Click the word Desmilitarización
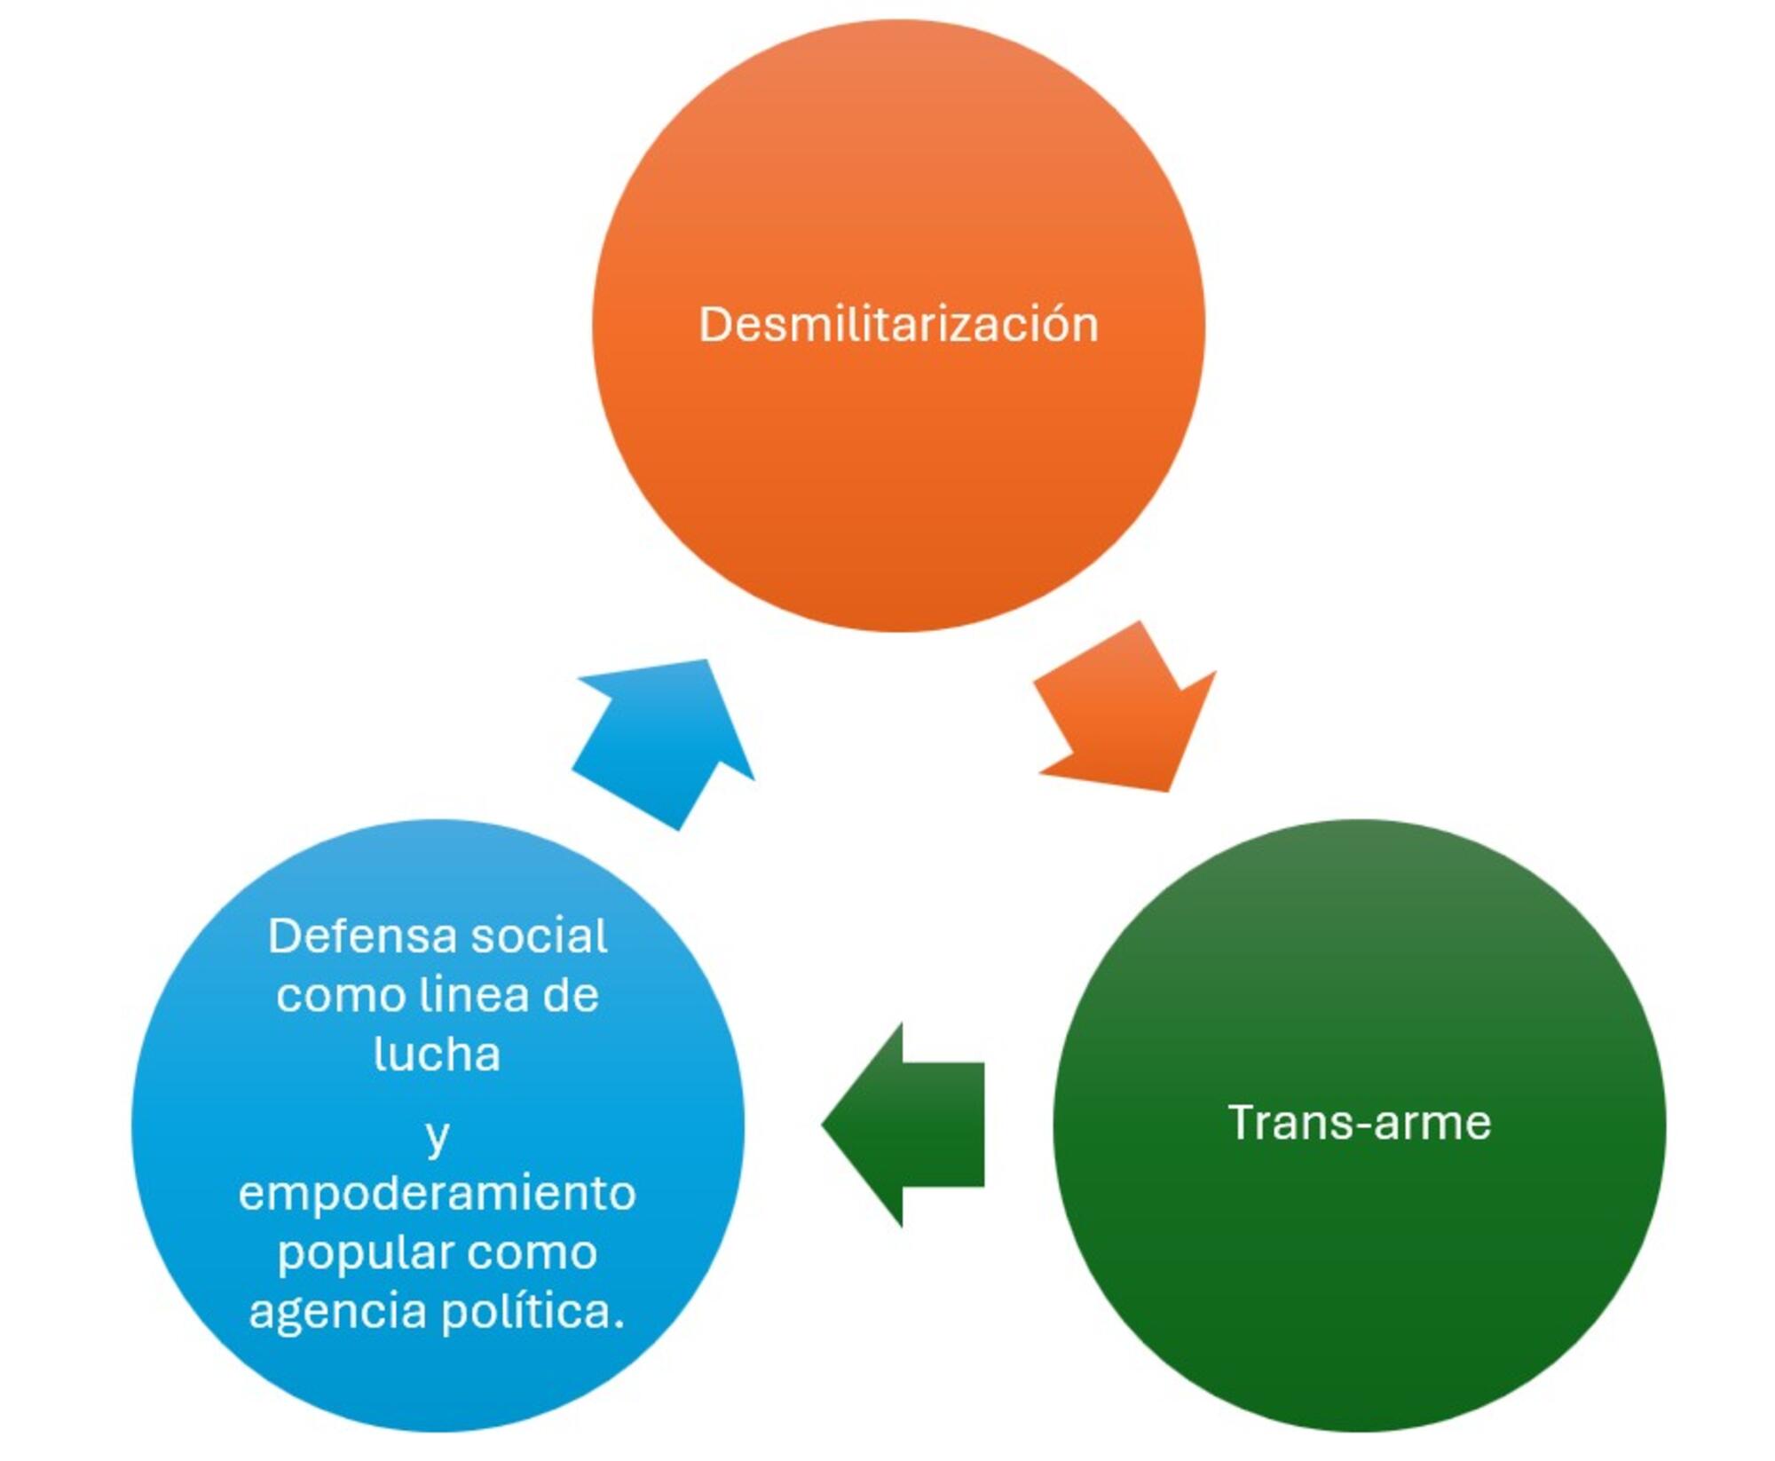coord(898,324)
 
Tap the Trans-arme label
coord(1359,1123)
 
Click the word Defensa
coord(361,936)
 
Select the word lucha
coord(437,1054)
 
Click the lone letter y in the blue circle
coord(437,1137)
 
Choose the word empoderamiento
coord(437,1195)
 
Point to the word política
coord(532,1312)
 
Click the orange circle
coord(898,479)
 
